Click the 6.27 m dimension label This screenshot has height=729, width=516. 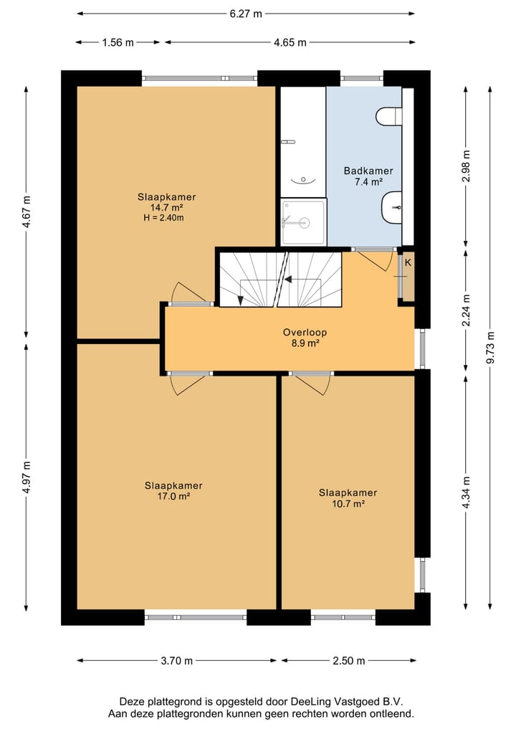click(x=246, y=14)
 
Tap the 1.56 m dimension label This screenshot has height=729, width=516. click(x=118, y=43)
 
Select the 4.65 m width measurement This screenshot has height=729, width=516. click(x=290, y=43)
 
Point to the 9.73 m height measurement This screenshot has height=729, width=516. click(x=490, y=348)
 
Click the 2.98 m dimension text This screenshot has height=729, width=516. click(x=467, y=166)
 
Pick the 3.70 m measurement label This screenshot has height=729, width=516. click(x=176, y=661)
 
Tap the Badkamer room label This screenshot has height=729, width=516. click(x=368, y=171)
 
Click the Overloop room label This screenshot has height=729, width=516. click(x=305, y=333)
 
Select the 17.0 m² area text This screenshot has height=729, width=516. click(x=173, y=496)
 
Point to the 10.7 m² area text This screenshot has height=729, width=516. click(x=348, y=503)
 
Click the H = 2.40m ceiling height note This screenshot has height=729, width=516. click(x=163, y=218)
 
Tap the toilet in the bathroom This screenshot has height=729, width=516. click(x=388, y=116)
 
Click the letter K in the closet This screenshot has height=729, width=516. click(x=408, y=262)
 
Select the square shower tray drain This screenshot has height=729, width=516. click(x=304, y=223)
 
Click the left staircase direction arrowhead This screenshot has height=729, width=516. click(x=240, y=300)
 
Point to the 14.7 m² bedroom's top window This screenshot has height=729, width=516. click(x=199, y=78)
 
